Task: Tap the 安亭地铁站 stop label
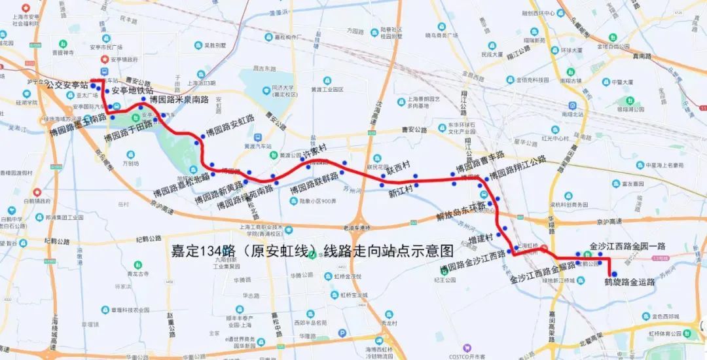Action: pos(132,90)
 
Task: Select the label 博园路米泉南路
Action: pos(179,99)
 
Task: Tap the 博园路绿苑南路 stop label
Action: pos(244,196)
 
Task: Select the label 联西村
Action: pos(398,168)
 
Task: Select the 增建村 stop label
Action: pos(482,242)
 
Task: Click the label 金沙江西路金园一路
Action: pos(627,246)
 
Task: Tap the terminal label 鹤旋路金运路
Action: pos(629,283)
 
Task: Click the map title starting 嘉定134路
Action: pos(312,250)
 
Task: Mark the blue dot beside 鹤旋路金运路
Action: pos(614,274)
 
